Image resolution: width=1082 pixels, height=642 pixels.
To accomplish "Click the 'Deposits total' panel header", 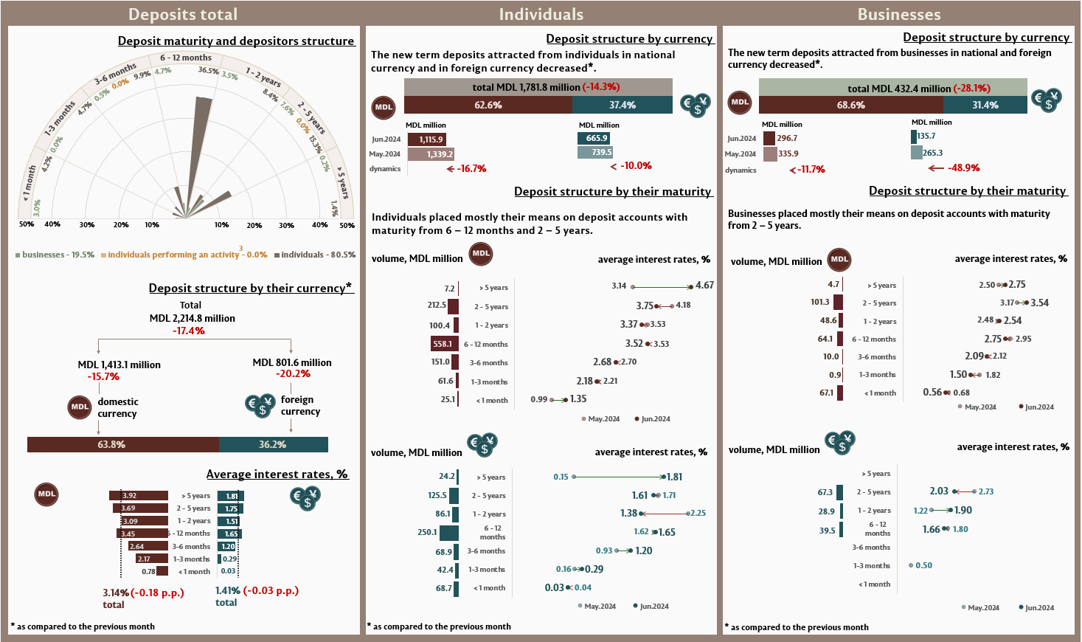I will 183,14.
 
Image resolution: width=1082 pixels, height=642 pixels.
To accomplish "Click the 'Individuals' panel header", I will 541,14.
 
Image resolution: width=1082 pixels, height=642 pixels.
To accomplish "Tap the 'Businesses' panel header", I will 898,14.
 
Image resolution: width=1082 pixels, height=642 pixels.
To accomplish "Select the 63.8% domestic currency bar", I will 123,444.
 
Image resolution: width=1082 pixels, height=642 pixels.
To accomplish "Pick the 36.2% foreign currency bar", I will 274,444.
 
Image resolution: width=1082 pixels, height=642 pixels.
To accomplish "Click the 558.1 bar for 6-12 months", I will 443,344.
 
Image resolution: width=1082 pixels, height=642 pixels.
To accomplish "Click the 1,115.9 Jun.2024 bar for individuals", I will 427,139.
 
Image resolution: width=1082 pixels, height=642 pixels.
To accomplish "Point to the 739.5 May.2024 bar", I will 595,152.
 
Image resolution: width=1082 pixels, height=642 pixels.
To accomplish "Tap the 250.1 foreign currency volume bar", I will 448,532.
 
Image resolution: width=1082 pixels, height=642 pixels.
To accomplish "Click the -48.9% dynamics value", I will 963,168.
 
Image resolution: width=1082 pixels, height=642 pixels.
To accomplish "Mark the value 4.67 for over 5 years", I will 704,285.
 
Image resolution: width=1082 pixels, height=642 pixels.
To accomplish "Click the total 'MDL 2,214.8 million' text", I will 192,318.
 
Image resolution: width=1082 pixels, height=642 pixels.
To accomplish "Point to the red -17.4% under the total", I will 189,331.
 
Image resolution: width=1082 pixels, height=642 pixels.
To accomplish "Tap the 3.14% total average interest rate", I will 116,592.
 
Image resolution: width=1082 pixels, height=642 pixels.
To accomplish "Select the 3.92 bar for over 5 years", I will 139,495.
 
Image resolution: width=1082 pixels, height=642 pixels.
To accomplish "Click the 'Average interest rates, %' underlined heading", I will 277,474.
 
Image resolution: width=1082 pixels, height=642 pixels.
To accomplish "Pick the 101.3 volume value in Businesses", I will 819,302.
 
